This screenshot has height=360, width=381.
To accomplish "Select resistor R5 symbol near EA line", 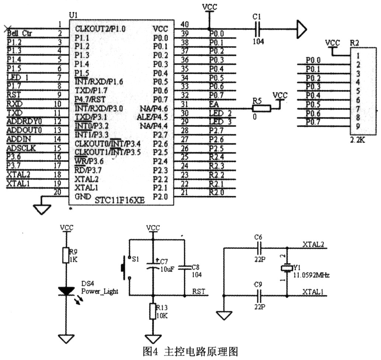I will [261, 108].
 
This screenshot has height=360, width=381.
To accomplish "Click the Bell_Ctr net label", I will [20, 34].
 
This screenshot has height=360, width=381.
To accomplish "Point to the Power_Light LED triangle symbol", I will [67, 291].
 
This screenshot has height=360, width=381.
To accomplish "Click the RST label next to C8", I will [199, 291].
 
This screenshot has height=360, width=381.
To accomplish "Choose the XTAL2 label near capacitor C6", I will [313, 244].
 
